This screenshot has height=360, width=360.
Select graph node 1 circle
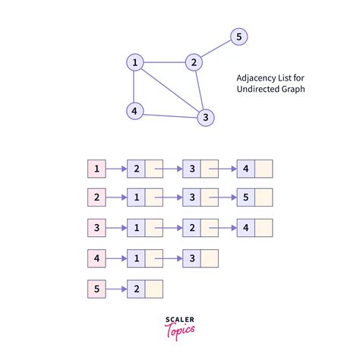135,62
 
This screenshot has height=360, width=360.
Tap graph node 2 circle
194,62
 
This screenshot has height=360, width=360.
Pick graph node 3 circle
204,118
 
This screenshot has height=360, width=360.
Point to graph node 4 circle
134,111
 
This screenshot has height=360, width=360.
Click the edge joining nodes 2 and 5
217,49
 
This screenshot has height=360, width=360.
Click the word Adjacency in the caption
253,78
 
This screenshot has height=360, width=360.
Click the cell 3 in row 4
191,258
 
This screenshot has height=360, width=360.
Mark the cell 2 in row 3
191,228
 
